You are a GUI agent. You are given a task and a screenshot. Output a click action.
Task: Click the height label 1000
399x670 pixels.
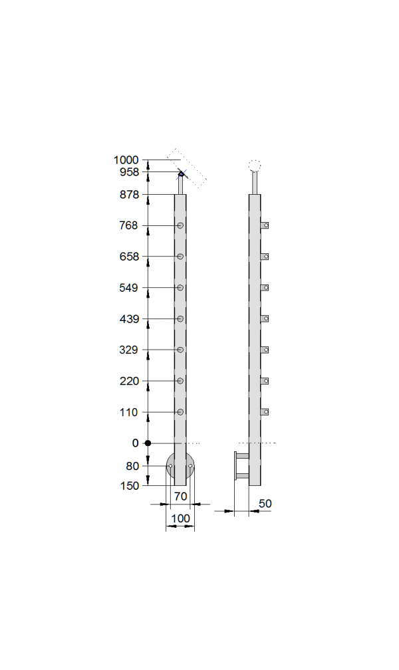126,160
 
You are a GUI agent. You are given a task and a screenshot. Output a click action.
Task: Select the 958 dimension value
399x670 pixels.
130,172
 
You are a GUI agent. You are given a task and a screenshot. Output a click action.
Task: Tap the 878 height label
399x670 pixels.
130,195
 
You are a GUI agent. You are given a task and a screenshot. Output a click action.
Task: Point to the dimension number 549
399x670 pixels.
129,288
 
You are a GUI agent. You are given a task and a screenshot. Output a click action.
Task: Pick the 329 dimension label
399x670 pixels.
129,350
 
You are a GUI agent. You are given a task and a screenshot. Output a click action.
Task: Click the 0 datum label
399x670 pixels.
136,443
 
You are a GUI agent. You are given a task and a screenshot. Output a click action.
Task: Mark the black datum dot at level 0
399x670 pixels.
148,443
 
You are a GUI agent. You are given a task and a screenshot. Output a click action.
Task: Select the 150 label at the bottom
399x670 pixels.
130,486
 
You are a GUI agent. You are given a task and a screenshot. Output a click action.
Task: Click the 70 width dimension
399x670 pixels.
181,497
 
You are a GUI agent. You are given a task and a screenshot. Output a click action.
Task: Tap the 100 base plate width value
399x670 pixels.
180,518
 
